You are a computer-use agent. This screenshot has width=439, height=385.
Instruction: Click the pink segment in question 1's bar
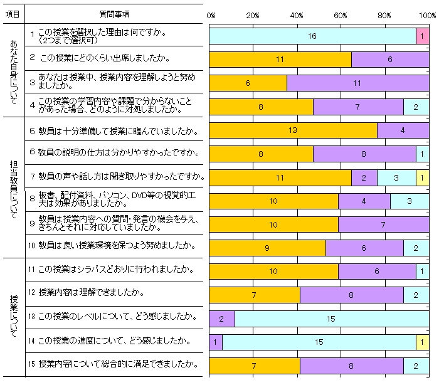tap(422, 36)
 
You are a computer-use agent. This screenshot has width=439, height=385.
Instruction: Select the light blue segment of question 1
tap(312, 36)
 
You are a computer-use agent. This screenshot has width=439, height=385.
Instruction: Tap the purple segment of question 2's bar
tap(390, 60)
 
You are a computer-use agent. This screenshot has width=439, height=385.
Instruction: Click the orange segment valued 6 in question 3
tap(248, 83)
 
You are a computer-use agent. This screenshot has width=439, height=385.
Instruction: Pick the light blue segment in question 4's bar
tap(416, 107)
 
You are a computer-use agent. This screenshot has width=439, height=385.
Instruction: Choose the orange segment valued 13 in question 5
tap(293, 130)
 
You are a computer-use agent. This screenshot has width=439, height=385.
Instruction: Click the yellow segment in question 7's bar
tap(422, 178)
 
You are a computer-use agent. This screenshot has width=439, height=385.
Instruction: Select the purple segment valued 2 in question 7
tap(364, 178)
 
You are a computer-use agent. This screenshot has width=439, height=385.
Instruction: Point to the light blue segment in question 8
tap(410, 201)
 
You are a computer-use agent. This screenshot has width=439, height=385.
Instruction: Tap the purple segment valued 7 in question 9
tap(383, 224)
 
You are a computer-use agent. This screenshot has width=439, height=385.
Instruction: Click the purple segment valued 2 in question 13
tap(221, 319)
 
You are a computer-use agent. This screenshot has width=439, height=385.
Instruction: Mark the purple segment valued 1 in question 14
tap(215, 342)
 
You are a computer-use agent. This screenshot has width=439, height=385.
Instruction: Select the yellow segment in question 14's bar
tap(422, 342)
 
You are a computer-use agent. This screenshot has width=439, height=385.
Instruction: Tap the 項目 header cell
tap(13, 13)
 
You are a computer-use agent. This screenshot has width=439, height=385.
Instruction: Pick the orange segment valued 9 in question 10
tap(267, 248)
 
